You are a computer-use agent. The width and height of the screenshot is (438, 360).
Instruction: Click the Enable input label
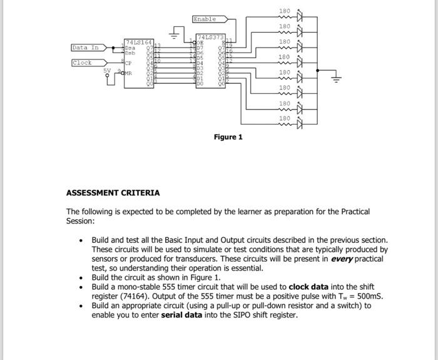coord(204,19)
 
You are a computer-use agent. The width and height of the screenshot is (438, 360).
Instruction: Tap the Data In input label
coord(85,48)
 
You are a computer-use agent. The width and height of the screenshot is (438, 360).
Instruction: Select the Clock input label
coord(82,63)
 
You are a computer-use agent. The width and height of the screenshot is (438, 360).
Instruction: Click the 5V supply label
coord(107,69)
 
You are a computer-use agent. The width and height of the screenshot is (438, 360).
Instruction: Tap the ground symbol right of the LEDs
coord(336,79)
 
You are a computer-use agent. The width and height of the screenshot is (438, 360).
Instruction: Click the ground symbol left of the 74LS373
coord(178,32)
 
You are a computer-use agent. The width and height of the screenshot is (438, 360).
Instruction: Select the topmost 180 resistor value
coord(284,11)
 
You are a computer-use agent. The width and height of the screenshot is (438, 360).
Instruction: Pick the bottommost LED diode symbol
coord(299,123)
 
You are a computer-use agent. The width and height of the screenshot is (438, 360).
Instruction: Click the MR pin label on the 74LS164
coord(129,73)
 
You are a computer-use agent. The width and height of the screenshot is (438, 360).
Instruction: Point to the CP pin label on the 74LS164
coord(128,63)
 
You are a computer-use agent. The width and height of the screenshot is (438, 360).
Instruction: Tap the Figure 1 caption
coord(228,137)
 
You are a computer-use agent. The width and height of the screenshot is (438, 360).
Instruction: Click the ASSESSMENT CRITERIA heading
coord(113,193)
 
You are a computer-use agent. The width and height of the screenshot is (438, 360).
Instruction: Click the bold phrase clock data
coord(308,287)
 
